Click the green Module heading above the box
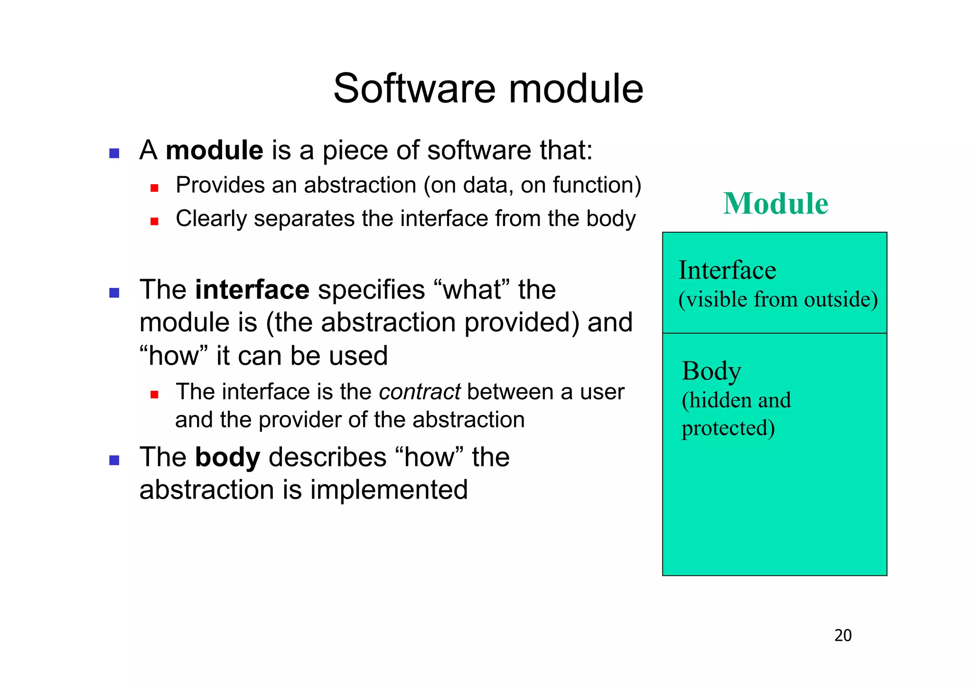pos(776,204)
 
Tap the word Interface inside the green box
pos(727,270)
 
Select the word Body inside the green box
pos(711,371)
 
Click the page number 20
pos(842,635)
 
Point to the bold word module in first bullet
pos(214,151)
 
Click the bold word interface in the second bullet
pos(252,290)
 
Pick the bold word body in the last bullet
pos(227,457)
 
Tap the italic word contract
pos(420,392)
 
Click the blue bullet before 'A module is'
pos(114,153)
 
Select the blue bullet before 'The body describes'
pos(114,460)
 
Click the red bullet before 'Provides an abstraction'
pos(154,188)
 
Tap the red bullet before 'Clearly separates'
pos(154,221)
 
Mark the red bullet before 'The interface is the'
pos(154,395)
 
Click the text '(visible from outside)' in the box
pos(777,300)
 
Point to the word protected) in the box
pos(728,428)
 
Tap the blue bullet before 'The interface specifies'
pos(114,292)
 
